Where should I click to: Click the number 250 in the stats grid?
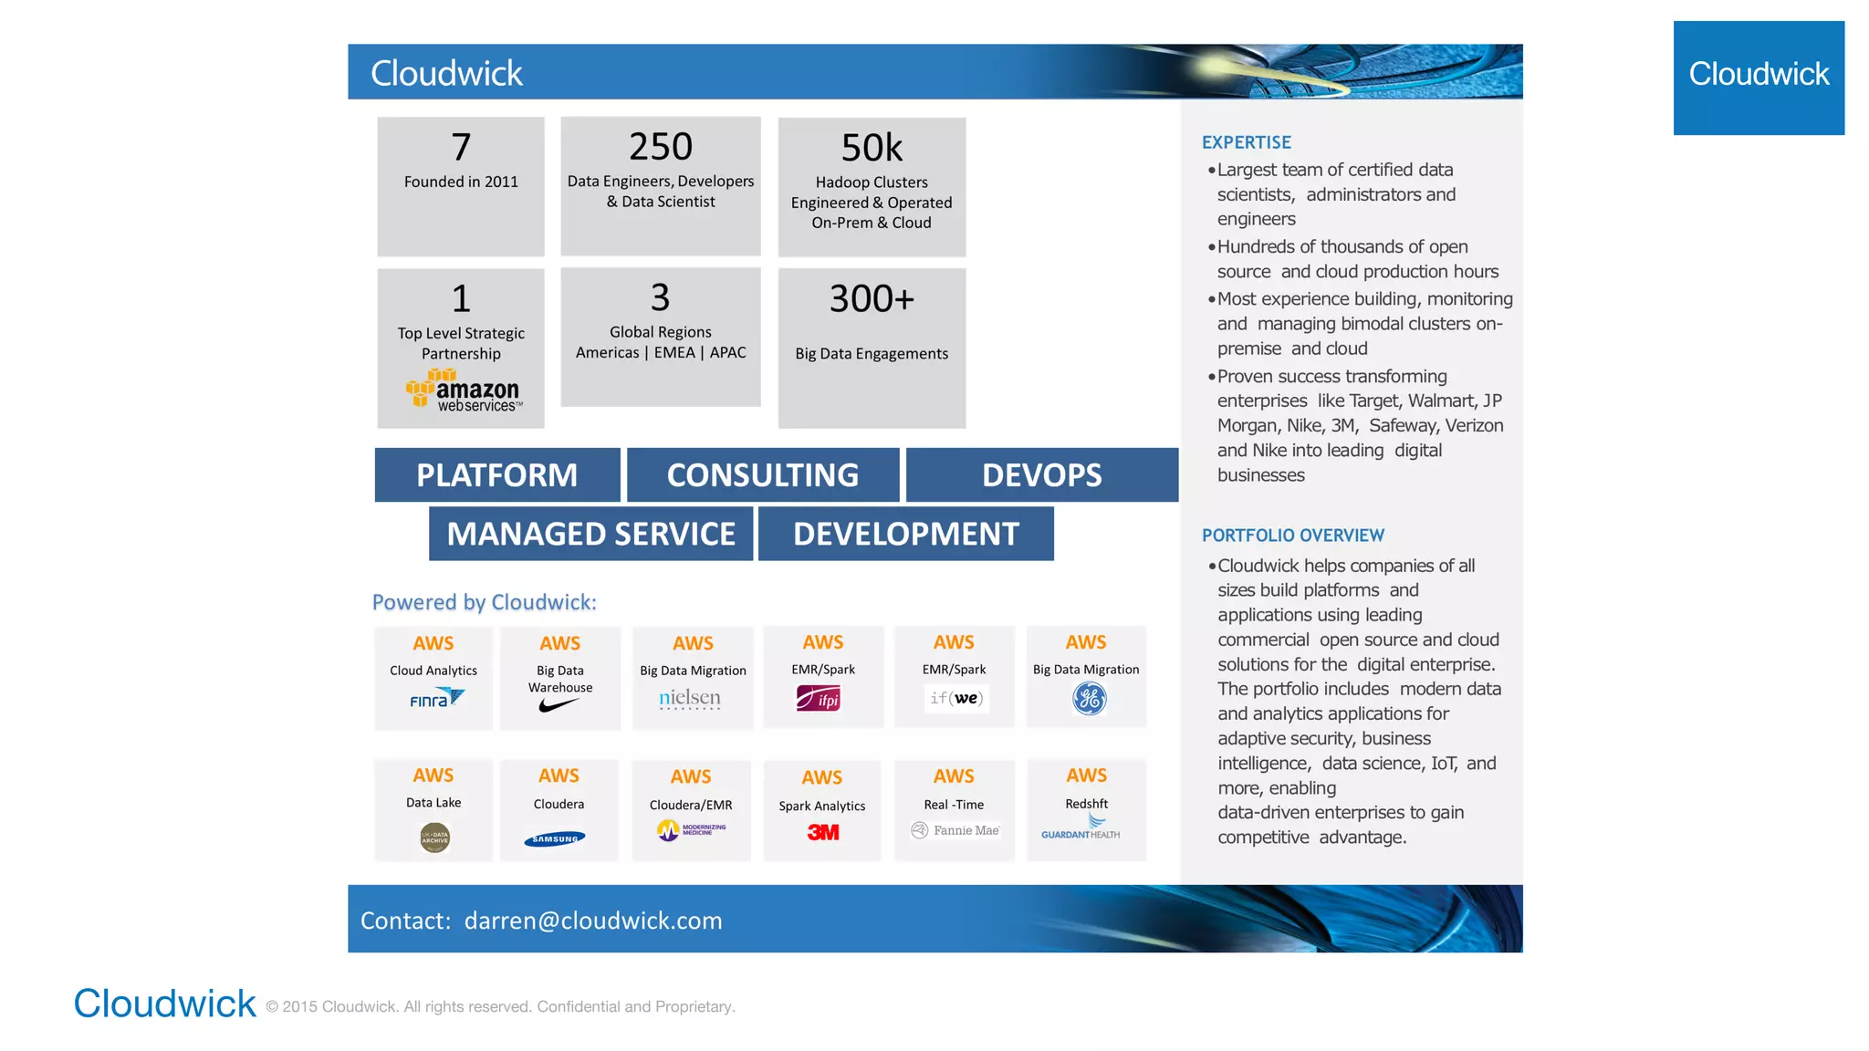click(x=661, y=147)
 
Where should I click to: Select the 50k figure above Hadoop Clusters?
click(x=872, y=148)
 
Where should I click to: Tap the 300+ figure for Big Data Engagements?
click(x=872, y=298)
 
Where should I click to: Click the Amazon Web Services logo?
click(x=463, y=391)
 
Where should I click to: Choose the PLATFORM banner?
click(x=497, y=474)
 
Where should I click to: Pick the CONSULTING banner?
click(x=763, y=474)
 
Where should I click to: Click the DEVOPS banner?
click(x=1041, y=474)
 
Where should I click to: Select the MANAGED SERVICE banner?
click(x=591, y=534)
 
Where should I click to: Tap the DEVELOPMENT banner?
click(x=906, y=534)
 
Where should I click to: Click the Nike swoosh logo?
click(x=559, y=705)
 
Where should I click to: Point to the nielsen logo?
click(x=690, y=699)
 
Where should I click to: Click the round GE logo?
click(x=1089, y=699)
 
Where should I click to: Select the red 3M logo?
click(x=823, y=832)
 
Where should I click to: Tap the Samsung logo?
click(x=555, y=838)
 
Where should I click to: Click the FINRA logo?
click(x=437, y=700)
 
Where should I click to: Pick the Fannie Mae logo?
click(x=955, y=830)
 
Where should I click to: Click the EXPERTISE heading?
click(x=1246, y=142)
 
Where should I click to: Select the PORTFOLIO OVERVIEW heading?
click(x=1292, y=536)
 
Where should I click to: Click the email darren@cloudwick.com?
click(x=593, y=921)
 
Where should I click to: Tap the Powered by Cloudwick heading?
click(x=484, y=602)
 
